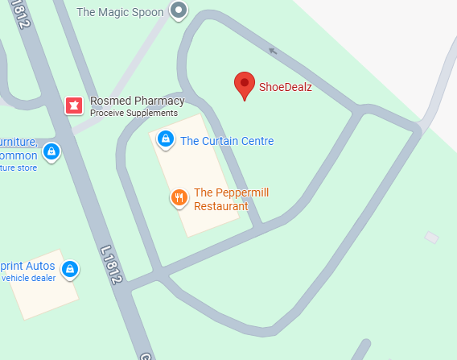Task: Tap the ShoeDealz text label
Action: click(x=285, y=87)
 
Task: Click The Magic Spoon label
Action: click(x=120, y=12)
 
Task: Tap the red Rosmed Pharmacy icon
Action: click(x=74, y=105)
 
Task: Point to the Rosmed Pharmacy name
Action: click(x=137, y=101)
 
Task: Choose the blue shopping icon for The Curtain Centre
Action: click(x=165, y=139)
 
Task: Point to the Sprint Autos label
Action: click(x=27, y=266)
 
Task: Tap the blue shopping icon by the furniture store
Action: click(x=51, y=151)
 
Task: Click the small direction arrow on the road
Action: click(x=273, y=52)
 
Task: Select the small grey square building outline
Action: click(x=432, y=238)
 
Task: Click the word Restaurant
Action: click(x=221, y=206)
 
